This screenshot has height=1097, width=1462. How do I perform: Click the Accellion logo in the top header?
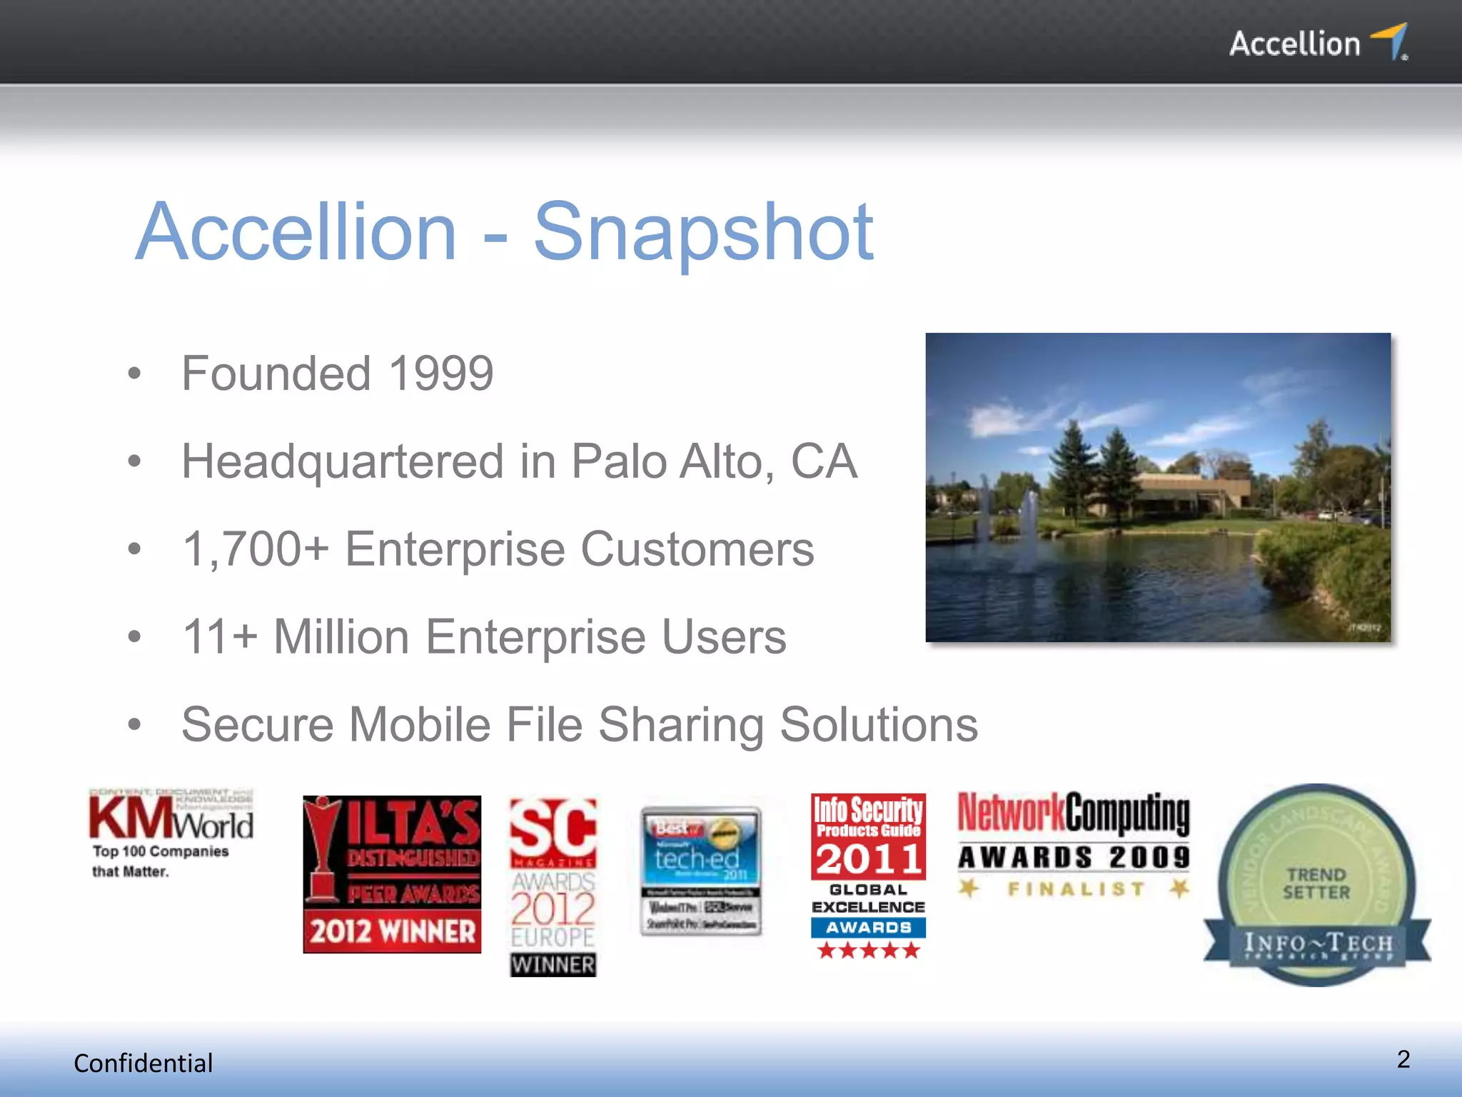[x=1317, y=43]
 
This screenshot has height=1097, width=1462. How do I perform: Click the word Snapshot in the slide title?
[x=703, y=232]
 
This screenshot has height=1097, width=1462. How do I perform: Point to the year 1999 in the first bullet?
[x=440, y=373]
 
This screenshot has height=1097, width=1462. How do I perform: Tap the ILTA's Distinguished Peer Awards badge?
[x=392, y=874]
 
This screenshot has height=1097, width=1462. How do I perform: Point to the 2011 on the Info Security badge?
[x=868, y=858]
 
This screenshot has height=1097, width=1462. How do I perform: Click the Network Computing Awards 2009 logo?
[x=1074, y=832]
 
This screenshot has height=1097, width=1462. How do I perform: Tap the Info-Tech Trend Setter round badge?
[x=1316, y=886]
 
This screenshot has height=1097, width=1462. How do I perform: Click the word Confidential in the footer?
[x=143, y=1063]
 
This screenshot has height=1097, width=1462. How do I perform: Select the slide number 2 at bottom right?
[x=1403, y=1059]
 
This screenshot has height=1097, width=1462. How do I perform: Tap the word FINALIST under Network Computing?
[x=1075, y=889]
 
